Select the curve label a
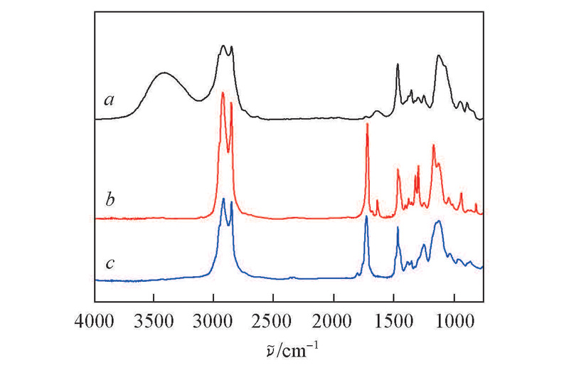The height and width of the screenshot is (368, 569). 110,100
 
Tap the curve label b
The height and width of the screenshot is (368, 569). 110,198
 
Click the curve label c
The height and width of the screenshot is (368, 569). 110,263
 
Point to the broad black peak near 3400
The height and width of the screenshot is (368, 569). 164,73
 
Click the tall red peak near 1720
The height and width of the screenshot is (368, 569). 367,125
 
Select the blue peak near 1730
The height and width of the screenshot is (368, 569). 366,216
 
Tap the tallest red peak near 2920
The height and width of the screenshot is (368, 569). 223,93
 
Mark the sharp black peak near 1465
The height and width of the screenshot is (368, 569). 398,65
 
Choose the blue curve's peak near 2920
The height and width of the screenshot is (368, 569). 223,199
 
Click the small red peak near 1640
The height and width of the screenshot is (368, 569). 377,201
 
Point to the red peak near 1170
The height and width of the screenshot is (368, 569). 433,145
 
